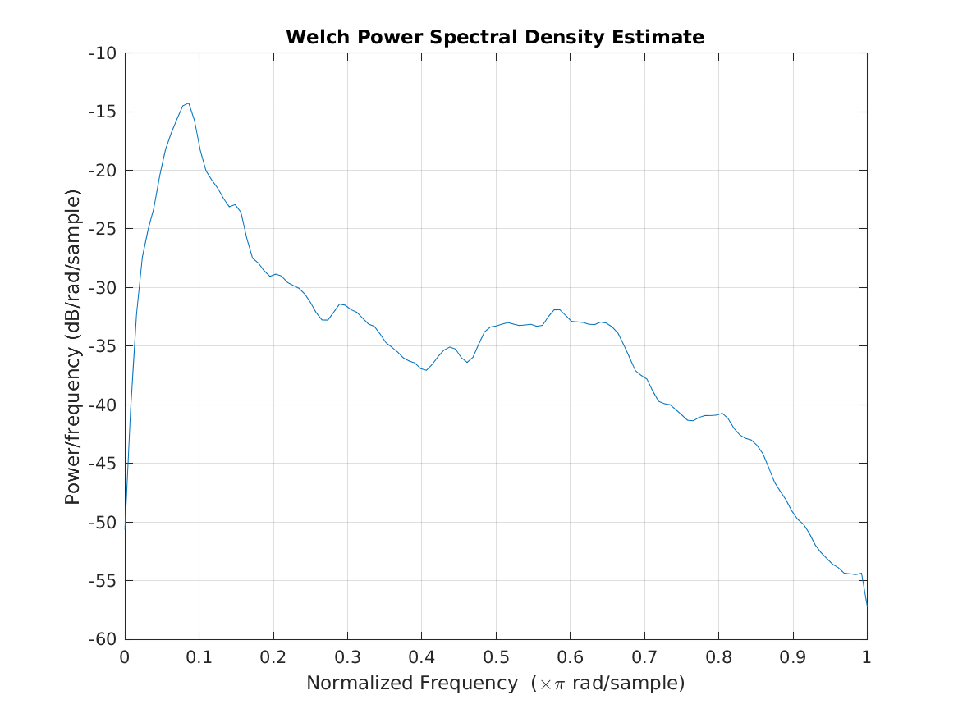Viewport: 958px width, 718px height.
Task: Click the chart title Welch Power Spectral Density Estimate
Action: [x=494, y=38]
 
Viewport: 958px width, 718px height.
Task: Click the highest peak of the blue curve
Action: [x=189, y=103]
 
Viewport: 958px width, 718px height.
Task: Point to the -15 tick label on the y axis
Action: [x=103, y=112]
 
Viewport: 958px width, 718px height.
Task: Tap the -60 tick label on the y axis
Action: [x=103, y=639]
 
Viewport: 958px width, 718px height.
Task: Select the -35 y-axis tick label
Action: [x=103, y=346]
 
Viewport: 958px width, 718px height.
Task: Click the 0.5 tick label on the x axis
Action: [x=496, y=657]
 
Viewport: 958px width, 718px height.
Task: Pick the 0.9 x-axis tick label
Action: [x=792, y=657]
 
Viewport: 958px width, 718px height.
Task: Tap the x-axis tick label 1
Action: [x=867, y=657]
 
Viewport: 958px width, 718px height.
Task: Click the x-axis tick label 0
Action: [x=125, y=657]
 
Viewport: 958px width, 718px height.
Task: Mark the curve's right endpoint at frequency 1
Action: [x=867, y=605]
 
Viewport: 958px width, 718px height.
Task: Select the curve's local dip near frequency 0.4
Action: [x=426, y=370]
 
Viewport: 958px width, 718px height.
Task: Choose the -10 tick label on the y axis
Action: [x=103, y=53]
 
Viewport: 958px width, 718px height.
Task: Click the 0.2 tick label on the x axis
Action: [x=273, y=657]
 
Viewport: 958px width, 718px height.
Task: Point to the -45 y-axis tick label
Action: [x=103, y=464]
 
